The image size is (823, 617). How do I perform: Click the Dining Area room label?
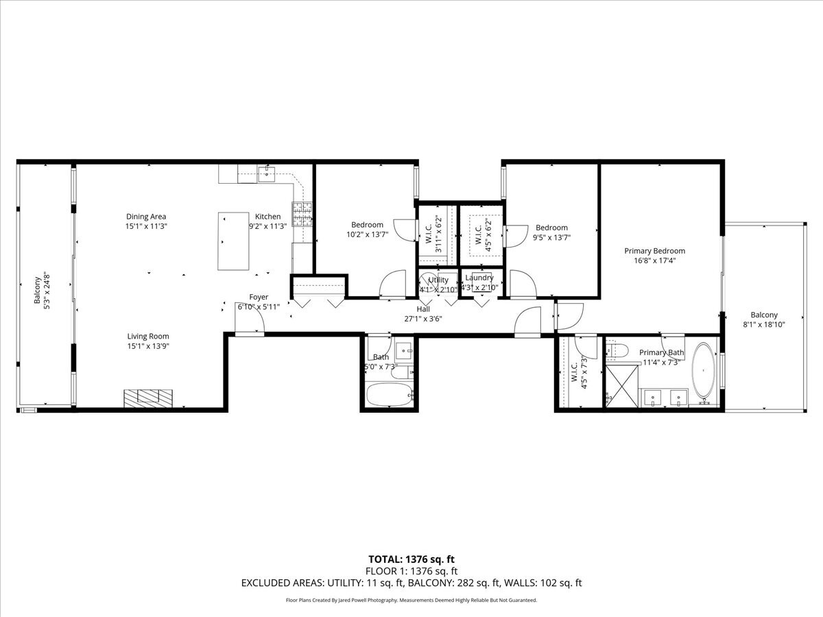tap(146, 217)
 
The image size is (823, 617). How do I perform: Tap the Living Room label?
tap(147, 336)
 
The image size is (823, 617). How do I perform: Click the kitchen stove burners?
tap(302, 215)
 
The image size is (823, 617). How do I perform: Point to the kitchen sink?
tap(267, 173)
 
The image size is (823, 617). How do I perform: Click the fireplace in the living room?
tap(149, 398)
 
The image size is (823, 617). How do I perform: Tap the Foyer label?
tap(259, 297)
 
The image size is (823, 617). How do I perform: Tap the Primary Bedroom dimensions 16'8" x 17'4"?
tap(654, 261)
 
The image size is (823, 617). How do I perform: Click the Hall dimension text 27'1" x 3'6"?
tap(427, 318)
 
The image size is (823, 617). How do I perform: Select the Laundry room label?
tap(479, 278)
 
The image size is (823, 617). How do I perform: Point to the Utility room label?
tap(438, 280)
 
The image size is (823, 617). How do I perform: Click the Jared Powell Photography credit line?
tap(411, 600)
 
